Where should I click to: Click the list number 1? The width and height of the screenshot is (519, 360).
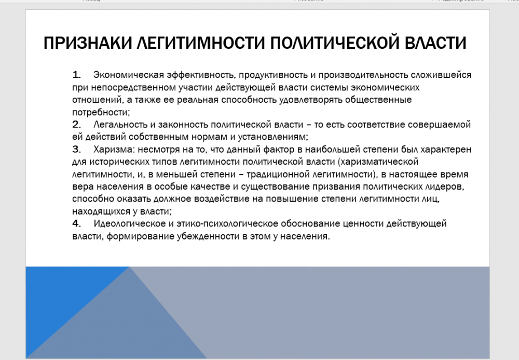tap(76, 75)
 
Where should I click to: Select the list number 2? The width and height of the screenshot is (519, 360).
tap(76, 125)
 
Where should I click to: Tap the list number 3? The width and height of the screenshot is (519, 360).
tap(76, 150)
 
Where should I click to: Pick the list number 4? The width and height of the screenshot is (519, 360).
tap(76, 223)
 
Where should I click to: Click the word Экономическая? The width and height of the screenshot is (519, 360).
tap(129, 75)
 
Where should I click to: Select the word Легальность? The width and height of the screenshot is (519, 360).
tap(120, 125)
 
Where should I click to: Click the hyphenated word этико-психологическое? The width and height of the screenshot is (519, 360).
tap(227, 224)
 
